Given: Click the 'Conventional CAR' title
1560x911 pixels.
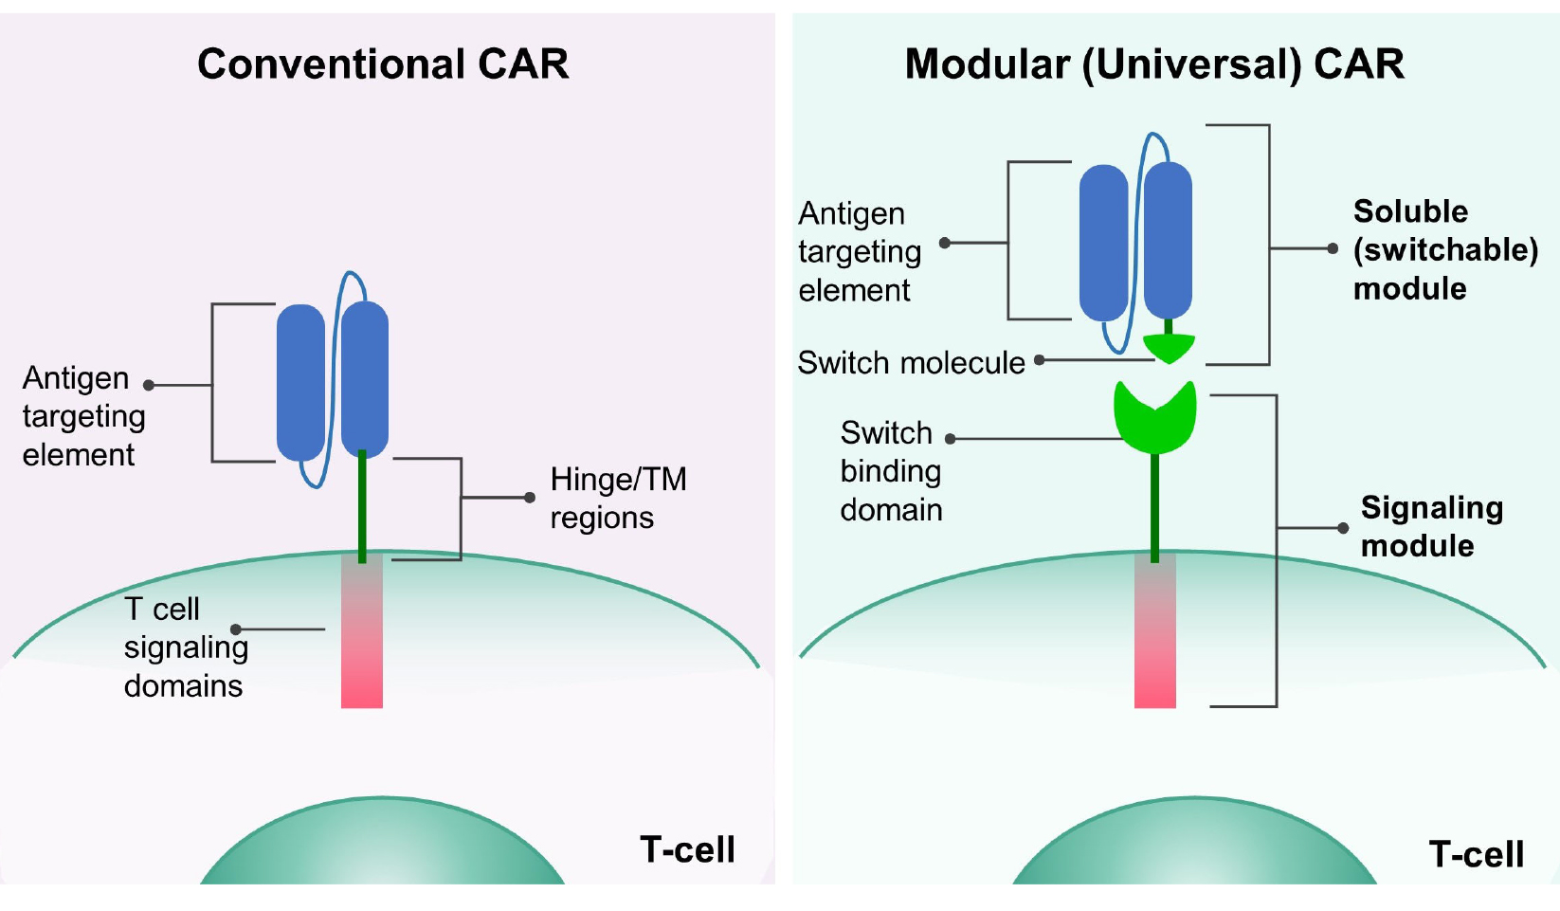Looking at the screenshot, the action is [x=383, y=64].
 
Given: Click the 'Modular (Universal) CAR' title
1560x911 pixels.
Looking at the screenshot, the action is [x=1153, y=64].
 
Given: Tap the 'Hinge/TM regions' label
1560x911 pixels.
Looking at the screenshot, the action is [x=617, y=498].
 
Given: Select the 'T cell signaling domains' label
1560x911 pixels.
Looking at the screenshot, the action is [x=185, y=647].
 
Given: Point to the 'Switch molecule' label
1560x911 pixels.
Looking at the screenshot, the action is [x=911, y=363].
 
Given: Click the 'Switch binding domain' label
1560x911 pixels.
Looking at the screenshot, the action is [x=890, y=471].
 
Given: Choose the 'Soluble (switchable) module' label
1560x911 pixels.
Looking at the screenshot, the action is [x=1444, y=249].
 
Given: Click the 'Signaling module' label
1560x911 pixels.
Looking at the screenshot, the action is [x=1430, y=526].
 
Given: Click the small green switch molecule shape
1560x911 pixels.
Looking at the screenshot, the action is [x=1169, y=348].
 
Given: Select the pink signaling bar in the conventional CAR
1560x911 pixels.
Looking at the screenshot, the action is [x=362, y=645].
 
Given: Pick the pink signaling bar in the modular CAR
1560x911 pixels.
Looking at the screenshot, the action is [x=1154, y=645].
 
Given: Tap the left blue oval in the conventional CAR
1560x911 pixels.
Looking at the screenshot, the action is [x=300, y=381].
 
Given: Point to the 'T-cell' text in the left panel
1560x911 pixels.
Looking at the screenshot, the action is [x=687, y=849].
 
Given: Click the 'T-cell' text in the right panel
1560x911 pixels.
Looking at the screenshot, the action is [x=1476, y=854].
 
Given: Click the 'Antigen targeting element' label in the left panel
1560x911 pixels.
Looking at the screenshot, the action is [x=82, y=416].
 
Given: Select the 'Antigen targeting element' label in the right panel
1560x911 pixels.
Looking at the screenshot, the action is [x=859, y=251].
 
